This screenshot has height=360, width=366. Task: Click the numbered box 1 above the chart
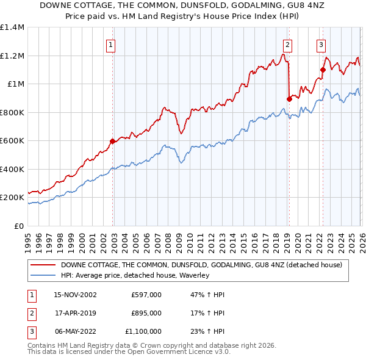pos(111,44)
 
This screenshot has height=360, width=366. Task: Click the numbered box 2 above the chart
pos(287,44)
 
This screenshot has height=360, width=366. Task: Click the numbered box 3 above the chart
pos(321,44)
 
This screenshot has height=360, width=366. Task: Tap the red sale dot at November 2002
pos(112,142)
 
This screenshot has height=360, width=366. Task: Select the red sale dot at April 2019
pos(289,99)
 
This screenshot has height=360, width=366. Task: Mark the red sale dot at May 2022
pos(322,70)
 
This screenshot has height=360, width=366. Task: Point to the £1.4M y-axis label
pos(12,27)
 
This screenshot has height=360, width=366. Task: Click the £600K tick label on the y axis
pos(12,141)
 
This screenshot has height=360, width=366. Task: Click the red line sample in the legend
pos(42,265)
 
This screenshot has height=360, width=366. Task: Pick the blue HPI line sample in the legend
pos(42,275)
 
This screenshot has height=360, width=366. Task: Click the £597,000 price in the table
pos(146,295)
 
